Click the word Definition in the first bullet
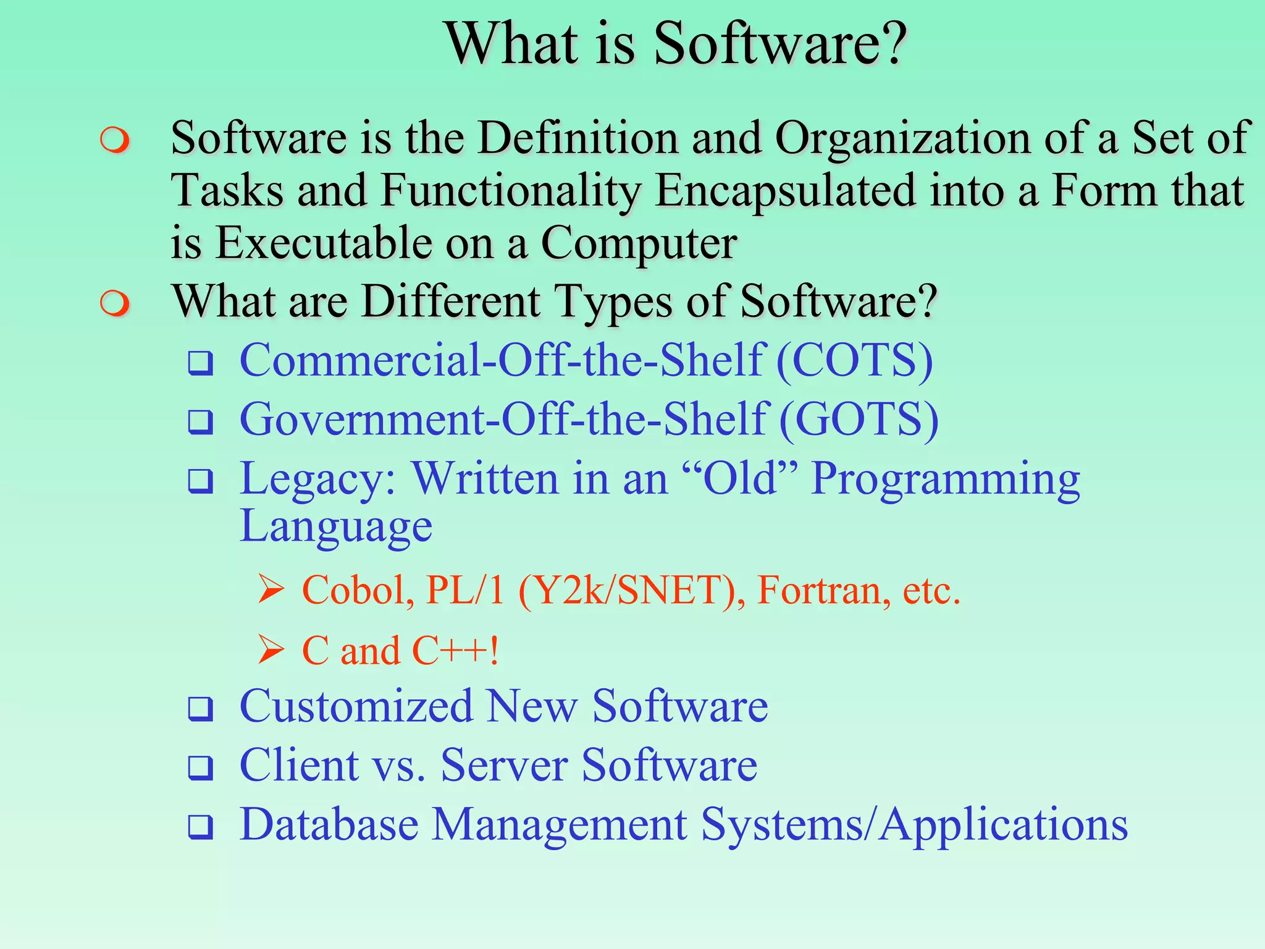(x=578, y=137)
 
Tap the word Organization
(x=902, y=138)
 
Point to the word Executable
(x=324, y=243)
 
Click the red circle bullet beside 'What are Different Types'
(x=115, y=303)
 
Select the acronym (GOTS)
(x=859, y=420)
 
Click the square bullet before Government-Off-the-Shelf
(x=201, y=423)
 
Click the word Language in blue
(x=336, y=526)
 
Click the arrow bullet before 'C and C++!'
(x=271, y=649)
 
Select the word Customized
(x=356, y=706)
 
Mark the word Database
(x=329, y=824)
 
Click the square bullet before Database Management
(x=201, y=827)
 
